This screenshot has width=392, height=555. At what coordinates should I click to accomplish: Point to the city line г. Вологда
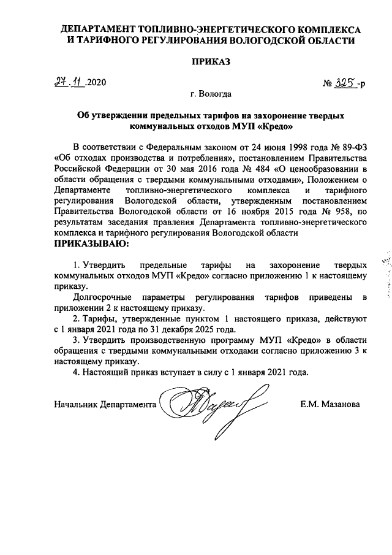click(x=211, y=94)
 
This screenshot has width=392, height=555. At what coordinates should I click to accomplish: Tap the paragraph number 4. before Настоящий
click(x=77, y=372)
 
